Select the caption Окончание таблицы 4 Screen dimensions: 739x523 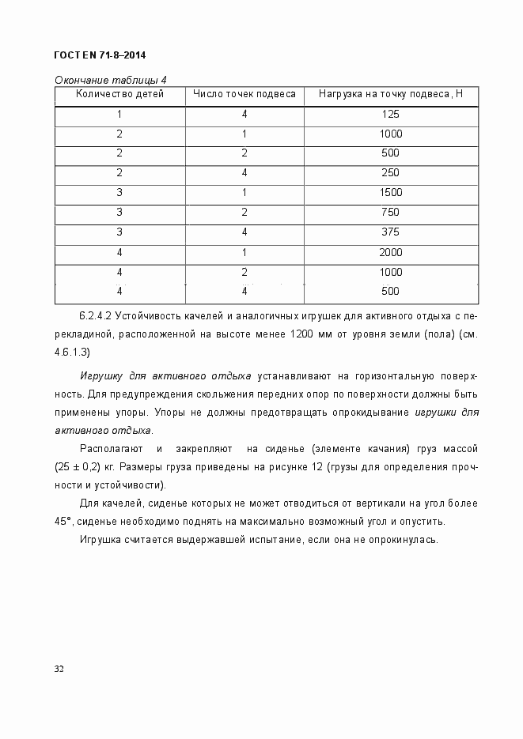(x=110, y=79)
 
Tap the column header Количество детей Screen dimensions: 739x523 (x=119, y=94)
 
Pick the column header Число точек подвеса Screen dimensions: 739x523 (x=244, y=94)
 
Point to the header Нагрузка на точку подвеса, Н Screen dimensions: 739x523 (x=390, y=94)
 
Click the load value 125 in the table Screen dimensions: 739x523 (x=390, y=114)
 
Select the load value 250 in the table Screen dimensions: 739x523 (x=390, y=172)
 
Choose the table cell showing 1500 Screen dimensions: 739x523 (x=390, y=192)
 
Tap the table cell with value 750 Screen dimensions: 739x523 (x=390, y=212)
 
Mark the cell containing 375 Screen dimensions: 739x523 (x=390, y=232)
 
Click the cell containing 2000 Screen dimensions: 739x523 (x=390, y=252)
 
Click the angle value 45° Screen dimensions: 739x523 (x=64, y=522)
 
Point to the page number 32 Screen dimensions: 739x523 (x=59, y=669)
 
